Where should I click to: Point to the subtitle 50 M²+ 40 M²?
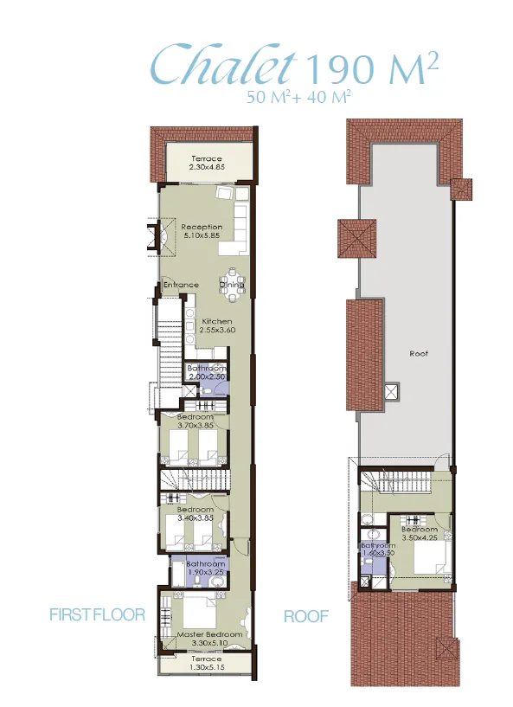[x=298, y=98]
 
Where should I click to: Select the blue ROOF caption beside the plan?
[x=306, y=616]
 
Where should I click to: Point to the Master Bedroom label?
[x=202, y=638]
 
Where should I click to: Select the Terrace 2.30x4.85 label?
[x=207, y=164]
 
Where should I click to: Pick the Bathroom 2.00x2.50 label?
[x=207, y=373]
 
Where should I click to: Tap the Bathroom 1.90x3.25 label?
[x=206, y=569]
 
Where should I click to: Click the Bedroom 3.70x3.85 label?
[x=196, y=420]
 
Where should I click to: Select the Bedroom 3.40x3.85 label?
[x=195, y=514]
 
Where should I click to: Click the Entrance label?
[x=181, y=285]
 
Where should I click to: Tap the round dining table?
[x=233, y=294]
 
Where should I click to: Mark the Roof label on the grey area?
[x=420, y=353]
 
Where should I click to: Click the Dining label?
[x=232, y=285]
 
